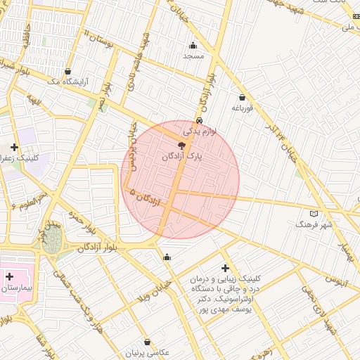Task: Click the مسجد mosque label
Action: [x=193, y=55]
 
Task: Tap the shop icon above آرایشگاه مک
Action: [x=67, y=71]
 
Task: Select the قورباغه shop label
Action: [x=241, y=108]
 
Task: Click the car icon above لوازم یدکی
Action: [x=200, y=121]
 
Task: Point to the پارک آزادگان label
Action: [x=182, y=156]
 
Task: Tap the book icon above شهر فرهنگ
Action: [x=314, y=214]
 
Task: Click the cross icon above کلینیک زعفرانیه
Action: [x=14, y=147]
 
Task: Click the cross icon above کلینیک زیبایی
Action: [x=224, y=268]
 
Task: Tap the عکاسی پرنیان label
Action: [x=148, y=352]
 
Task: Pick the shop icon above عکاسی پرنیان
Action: [x=147, y=342]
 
